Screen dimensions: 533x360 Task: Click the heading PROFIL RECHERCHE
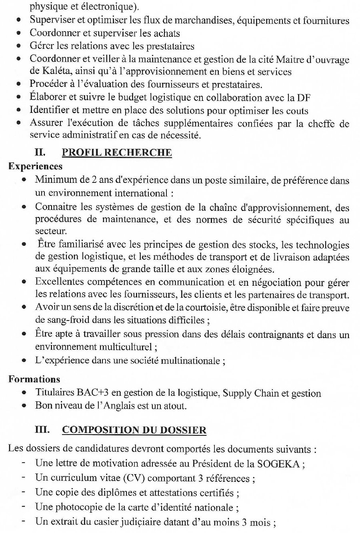click(x=117, y=152)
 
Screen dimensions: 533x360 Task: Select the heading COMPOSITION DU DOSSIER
click(x=134, y=430)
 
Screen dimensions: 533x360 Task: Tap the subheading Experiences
click(x=35, y=166)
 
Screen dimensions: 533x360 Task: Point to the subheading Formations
click(x=34, y=379)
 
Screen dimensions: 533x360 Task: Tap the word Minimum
click(x=54, y=180)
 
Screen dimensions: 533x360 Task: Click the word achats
click(x=165, y=33)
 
